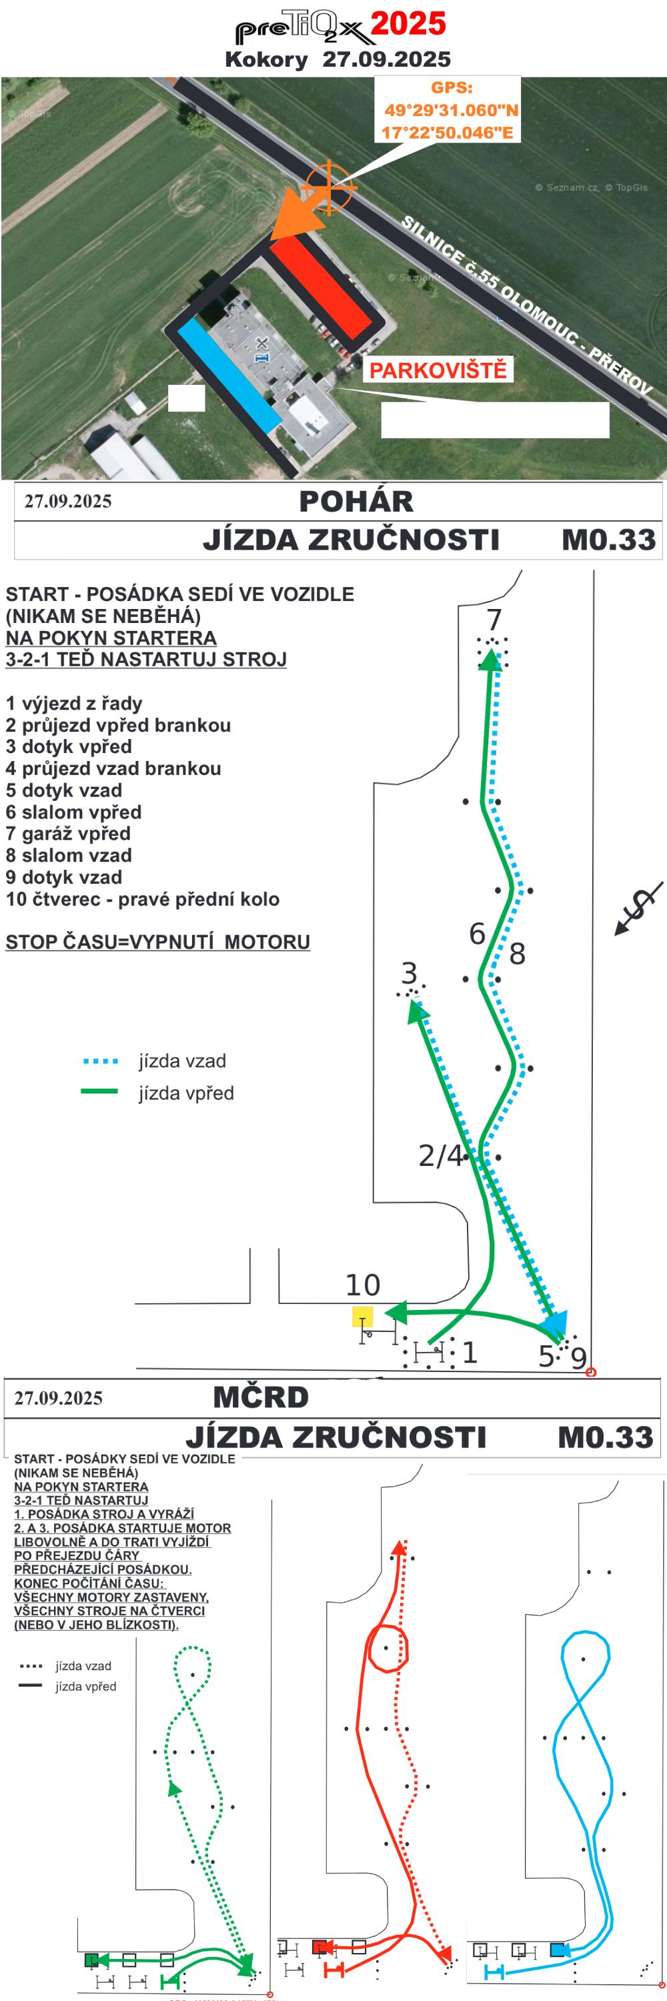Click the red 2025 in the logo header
(408, 23)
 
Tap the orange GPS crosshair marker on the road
(328, 187)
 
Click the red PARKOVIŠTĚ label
(437, 370)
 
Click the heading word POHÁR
(356, 502)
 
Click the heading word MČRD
(260, 1397)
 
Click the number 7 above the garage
(494, 620)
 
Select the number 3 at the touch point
(410, 972)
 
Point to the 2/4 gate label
(440, 1156)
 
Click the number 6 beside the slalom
(478, 933)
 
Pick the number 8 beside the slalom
(517, 953)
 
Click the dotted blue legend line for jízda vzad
(100, 1061)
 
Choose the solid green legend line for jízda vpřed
(99, 1091)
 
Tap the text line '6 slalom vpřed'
(74, 812)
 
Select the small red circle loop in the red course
(388, 1647)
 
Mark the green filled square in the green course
(91, 1960)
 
